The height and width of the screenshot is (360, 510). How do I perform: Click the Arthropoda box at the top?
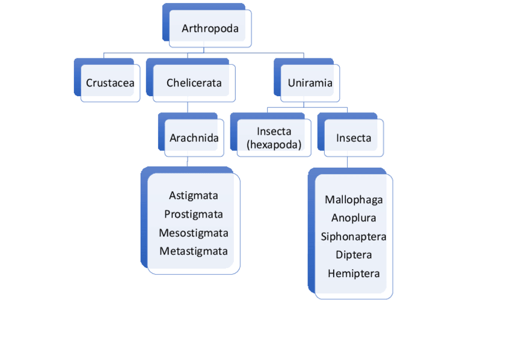(x=210, y=28)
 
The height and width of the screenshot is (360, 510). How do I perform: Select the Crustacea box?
(x=110, y=83)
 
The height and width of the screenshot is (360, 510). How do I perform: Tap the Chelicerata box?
(x=194, y=83)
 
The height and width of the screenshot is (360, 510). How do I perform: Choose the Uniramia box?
(x=310, y=83)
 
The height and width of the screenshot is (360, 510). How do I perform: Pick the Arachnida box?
(x=194, y=138)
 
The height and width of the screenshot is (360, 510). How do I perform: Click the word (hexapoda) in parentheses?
(x=274, y=144)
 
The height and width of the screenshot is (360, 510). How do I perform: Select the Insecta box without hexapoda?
(x=354, y=138)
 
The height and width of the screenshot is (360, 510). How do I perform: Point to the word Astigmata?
(x=193, y=195)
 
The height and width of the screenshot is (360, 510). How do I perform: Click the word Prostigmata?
(x=193, y=214)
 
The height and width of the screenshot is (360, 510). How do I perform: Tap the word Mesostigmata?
(x=193, y=233)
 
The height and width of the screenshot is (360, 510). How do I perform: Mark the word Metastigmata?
(x=193, y=251)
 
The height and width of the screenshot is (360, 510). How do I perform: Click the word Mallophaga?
(x=354, y=200)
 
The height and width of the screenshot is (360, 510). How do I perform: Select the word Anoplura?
(x=354, y=218)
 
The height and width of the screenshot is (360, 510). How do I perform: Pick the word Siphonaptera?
(x=354, y=237)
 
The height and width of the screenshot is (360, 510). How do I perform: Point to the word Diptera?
(x=354, y=255)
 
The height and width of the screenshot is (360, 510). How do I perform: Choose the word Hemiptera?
(x=354, y=273)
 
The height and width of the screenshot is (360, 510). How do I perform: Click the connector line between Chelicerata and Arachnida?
(x=188, y=107)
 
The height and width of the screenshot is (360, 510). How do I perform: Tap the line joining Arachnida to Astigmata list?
(x=188, y=161)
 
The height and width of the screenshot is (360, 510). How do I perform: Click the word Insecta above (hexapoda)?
(x=274, y=132)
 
